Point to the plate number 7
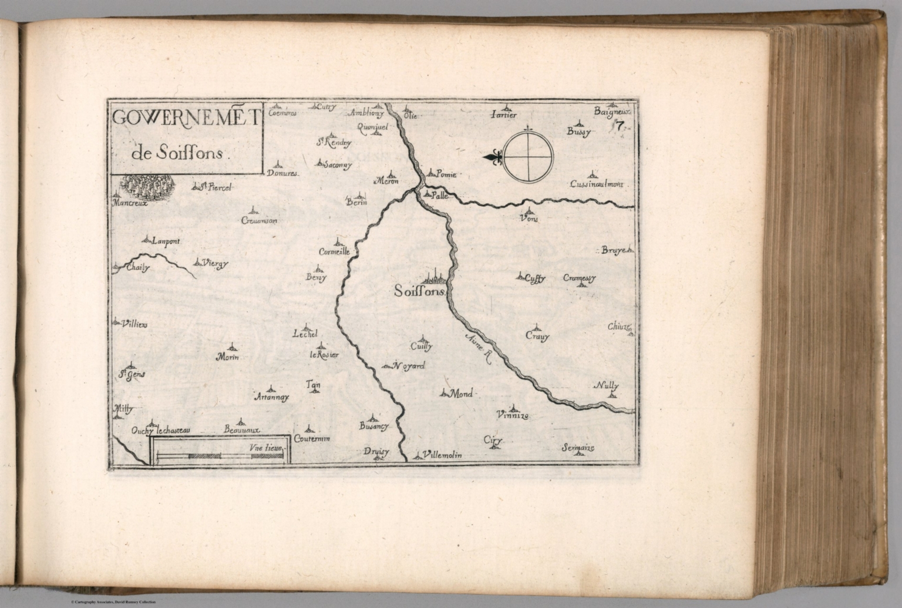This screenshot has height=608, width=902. pos(619,125)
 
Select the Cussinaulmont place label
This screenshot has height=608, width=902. pos(595,184)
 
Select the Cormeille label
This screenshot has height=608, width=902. pos(334,251)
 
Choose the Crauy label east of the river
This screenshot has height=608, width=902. pos(537,337)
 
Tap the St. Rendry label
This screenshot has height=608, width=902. pos(334,142)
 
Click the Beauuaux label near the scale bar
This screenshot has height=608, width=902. pos(242,430)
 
